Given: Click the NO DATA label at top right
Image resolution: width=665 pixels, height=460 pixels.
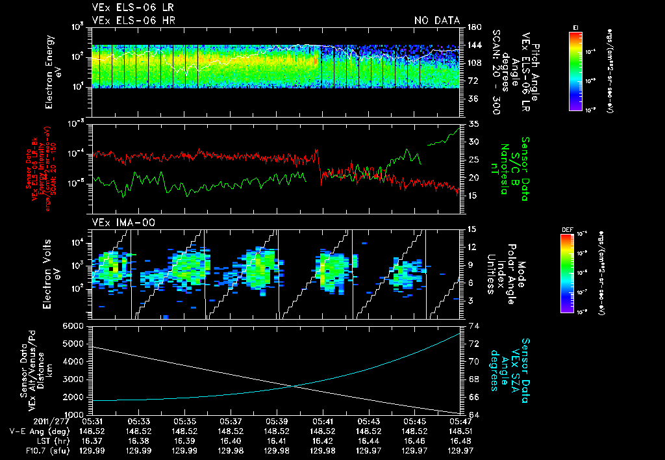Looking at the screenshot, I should pos(436,20).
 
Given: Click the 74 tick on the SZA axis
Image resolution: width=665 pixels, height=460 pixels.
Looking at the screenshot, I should pos(472,326).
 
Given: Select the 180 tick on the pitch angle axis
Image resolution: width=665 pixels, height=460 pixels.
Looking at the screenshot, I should pos(474,27).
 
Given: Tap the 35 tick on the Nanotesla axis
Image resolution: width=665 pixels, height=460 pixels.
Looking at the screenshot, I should pos(472,123).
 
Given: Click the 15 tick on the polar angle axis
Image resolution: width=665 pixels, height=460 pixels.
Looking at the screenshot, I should pos(472,229).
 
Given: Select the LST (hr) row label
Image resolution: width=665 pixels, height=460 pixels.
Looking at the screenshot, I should pos(43,441).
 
